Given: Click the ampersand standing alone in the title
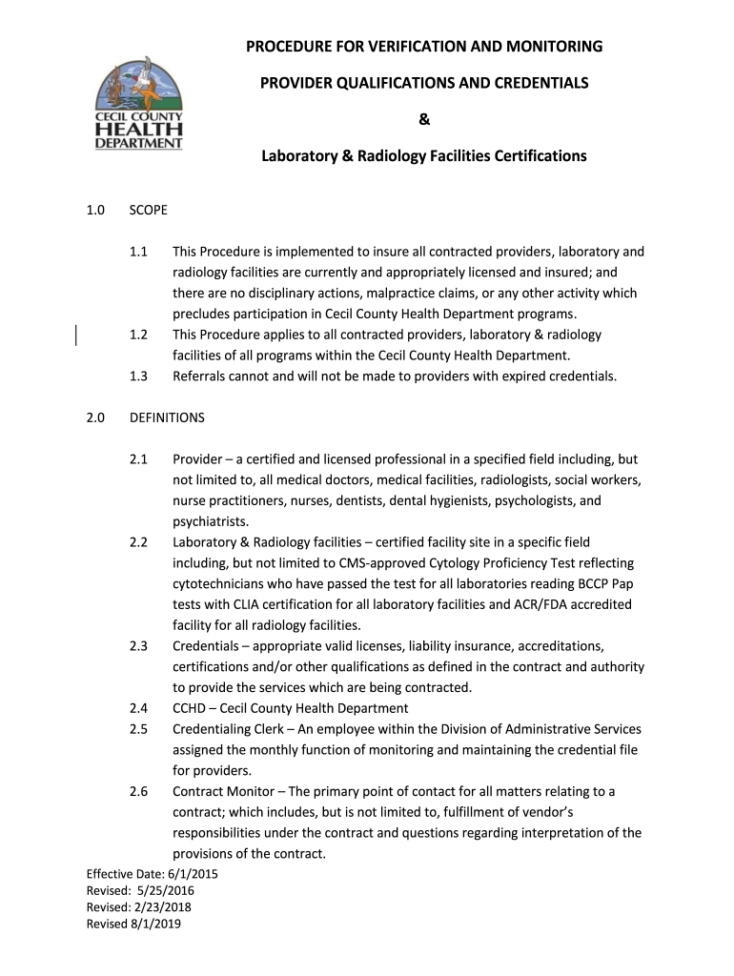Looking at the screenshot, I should [424, 119].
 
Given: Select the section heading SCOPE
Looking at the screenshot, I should [148, 210].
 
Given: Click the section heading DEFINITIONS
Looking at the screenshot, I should [167, 417].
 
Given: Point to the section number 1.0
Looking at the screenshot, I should [95, 210].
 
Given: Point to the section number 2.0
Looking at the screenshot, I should [95, 417].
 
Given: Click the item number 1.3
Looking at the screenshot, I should [138, 376].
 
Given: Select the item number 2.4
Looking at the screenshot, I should [138, 708].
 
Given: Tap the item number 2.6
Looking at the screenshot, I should [138, 791].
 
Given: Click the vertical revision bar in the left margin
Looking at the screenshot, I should [76, 335].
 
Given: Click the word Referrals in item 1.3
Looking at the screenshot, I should [199, 376].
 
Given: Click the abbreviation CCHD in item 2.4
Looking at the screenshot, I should [190, 708].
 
